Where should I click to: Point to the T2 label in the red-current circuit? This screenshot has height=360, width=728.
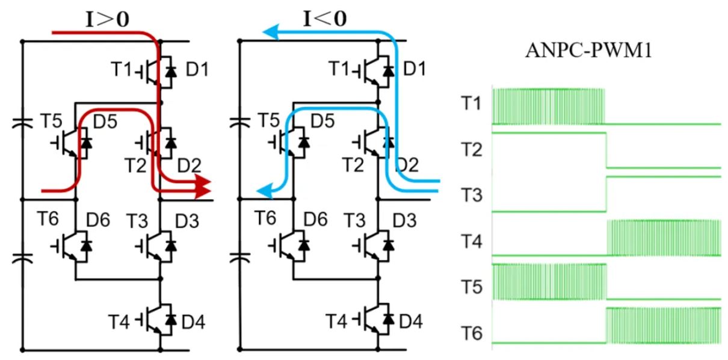click(135, 164)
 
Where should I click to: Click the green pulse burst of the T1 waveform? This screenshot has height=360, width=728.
click(548, 106)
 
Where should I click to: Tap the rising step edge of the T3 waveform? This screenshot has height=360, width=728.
click(607, 193)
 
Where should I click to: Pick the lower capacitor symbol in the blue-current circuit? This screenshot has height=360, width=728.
click(239, 259)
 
